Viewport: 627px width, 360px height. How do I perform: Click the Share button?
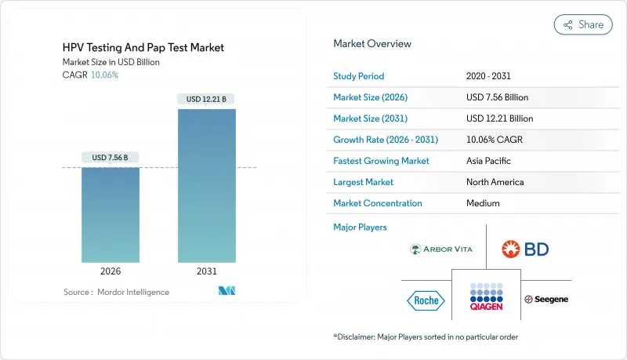point(583,24)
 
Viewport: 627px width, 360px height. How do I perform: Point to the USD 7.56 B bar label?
point(110,158)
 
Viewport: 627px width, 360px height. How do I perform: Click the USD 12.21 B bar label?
point(206,99)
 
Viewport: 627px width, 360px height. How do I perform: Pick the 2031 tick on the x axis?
point(206,271)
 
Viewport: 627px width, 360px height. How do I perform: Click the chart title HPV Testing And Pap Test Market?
point(143,48)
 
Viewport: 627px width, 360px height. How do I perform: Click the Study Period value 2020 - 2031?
point(487,76)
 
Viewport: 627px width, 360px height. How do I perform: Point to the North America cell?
point(496,182)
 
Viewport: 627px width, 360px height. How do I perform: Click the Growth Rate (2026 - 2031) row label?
point(386,140)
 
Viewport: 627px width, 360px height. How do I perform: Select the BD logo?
point(526,249)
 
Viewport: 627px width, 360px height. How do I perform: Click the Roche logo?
point(426,300)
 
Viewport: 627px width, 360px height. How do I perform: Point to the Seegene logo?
point(546,300)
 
